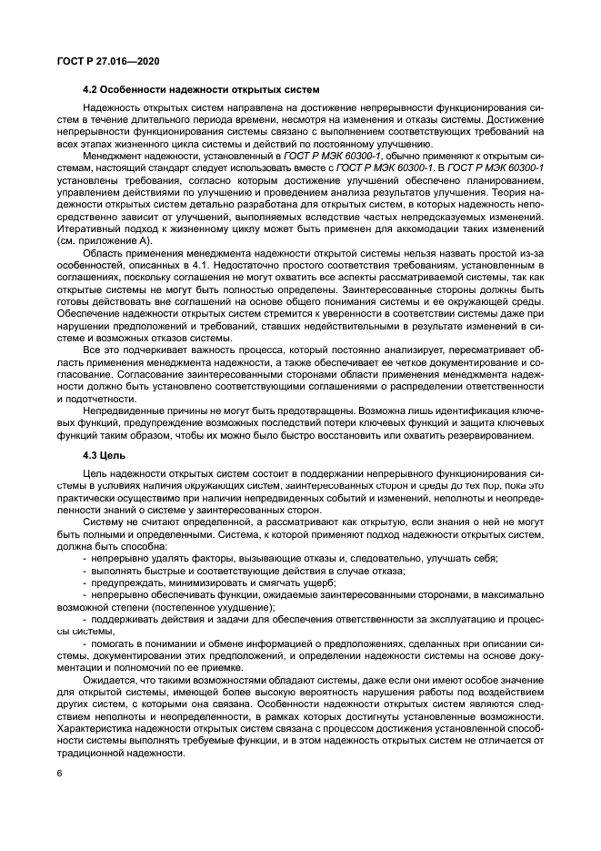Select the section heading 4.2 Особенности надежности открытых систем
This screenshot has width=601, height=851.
[x=200, y=89]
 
